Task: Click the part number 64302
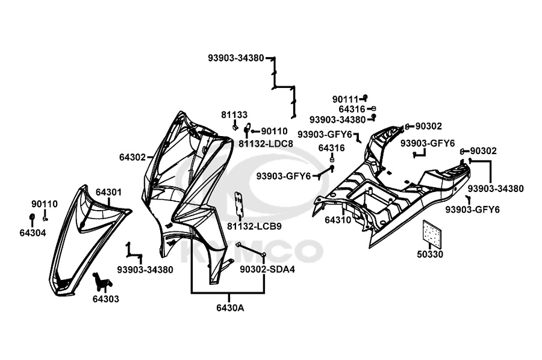pos(132,157)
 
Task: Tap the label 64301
pos(108,193)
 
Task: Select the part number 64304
pos(32,232)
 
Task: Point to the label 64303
pos(105,299)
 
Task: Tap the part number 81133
pos(234,114)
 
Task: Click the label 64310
pos(338,220)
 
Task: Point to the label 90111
pos(345,99)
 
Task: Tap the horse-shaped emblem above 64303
pos(101,282)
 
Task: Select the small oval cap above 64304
pos(33,217)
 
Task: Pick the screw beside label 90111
pos(364,98)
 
